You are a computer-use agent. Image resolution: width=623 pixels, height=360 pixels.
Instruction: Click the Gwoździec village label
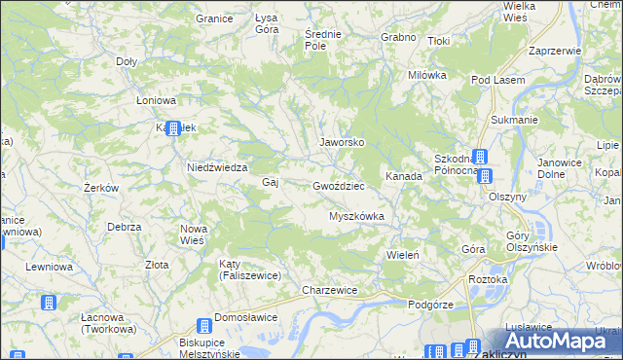(339, 185)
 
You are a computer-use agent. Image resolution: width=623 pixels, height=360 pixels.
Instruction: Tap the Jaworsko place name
(343, 142)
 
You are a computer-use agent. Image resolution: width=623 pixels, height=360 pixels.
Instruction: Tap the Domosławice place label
(246, 317)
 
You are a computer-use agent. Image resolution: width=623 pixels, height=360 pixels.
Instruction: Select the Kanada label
(403, 177)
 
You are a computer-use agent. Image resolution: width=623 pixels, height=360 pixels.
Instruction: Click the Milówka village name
(426, 75)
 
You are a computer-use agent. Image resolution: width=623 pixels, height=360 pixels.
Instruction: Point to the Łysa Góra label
(267, 23)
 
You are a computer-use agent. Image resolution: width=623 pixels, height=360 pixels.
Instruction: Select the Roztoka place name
(489, 280)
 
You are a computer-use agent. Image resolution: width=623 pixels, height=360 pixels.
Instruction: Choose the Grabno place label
(399, 37)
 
